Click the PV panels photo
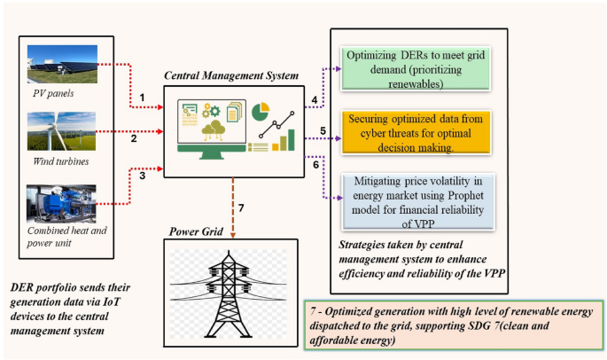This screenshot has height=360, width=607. (62, 66)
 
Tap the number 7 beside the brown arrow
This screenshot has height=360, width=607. (241, 208)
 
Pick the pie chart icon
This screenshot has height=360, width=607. (261, 113)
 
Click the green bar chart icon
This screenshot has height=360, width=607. (285, 140)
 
